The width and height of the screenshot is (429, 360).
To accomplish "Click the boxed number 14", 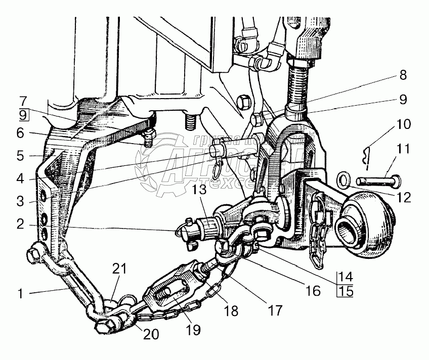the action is point(347,277).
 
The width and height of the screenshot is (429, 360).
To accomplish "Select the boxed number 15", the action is point(347,291).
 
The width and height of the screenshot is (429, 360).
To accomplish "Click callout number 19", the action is point(193,330).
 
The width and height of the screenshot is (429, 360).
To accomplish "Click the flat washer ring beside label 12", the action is point(344,179).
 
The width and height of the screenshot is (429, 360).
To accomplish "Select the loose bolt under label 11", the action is point(377,179).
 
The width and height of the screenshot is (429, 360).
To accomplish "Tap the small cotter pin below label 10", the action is point(369,157).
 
